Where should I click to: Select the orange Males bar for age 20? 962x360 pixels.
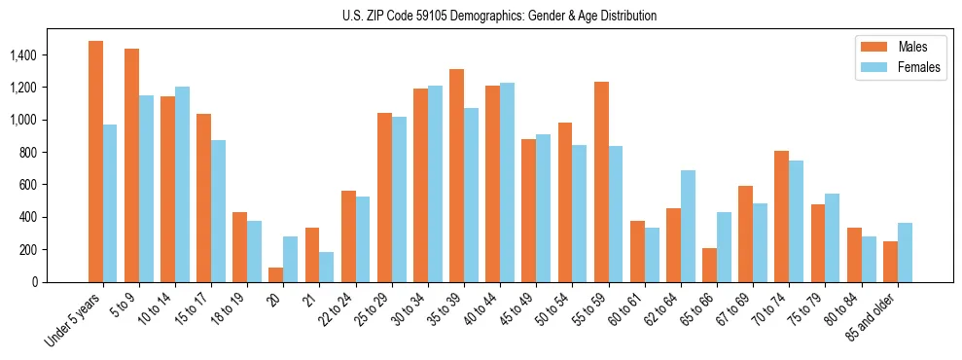(x=276, y=274)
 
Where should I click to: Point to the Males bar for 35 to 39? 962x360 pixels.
(x=456, y=175)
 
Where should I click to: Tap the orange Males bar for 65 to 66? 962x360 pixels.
(x=709, y=265)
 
